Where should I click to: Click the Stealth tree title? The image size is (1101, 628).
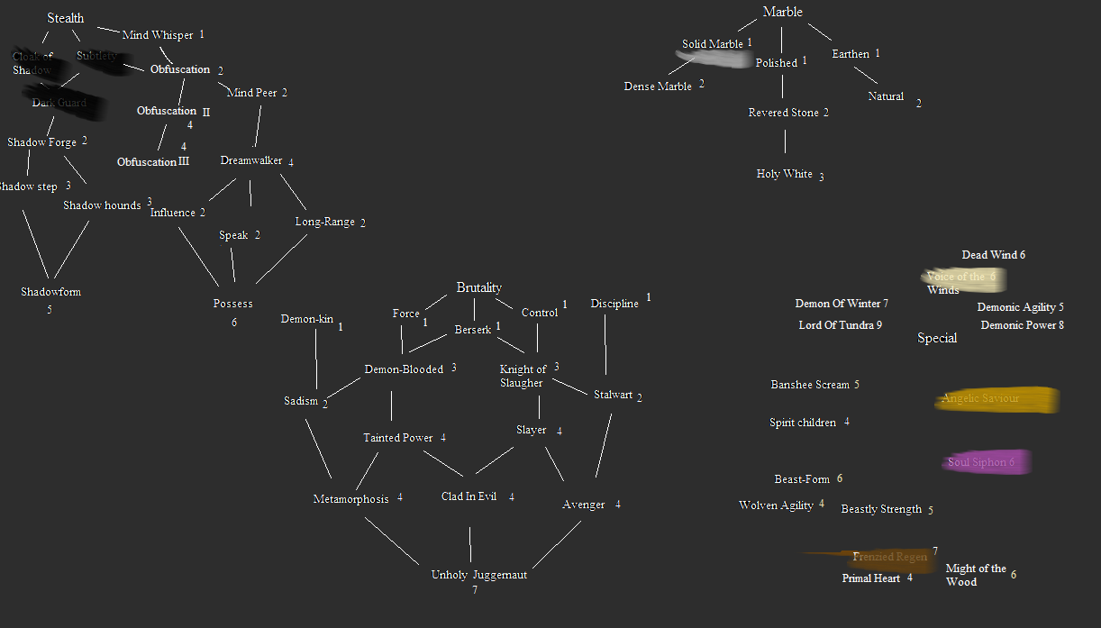pyautogui.click(x=65, y=18)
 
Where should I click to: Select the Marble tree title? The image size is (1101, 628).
pyautogui.click(x=782, y=12)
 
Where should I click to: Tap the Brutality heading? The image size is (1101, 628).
pyautogui.click(x=478, y=287)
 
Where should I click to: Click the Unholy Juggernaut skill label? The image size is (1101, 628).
pyautogui.click(x=478, y=575)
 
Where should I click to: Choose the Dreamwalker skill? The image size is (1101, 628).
pyautogui.click(x=250, y=160)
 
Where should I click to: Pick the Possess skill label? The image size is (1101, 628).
pyautogui.click(x=232, y=304)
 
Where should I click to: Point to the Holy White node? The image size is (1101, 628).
pyautogui.click(x=784, y=174)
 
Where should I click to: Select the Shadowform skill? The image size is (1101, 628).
pyautogui.click(x=50, y=292)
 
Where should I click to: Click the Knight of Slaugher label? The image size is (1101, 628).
pyautogui.click(x=523, y=376)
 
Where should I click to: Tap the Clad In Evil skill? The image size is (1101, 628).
pyautogui.click(x=469, y=496)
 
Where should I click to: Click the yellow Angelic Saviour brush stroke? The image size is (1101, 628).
pyautogui.click(x=996, y=399)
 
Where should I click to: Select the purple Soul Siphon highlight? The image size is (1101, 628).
pyautogui.click(x=985, y=462)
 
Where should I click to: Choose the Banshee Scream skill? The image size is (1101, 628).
pyautogui.click(x=809, y=385)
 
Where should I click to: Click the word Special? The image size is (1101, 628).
pyautogui.click(x=937, y=338)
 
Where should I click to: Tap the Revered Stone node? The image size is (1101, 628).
pyautogui.click(x=783, y=113)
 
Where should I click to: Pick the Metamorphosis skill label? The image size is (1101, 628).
pyautogui.click(x=350, y=499)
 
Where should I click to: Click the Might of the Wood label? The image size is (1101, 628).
pyautogui.click(x=975, y=575)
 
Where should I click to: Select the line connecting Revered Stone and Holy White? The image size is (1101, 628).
pyautogui.click(x=785, y=141)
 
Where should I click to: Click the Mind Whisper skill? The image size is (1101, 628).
pyautogui.click(x=158, y=35)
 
